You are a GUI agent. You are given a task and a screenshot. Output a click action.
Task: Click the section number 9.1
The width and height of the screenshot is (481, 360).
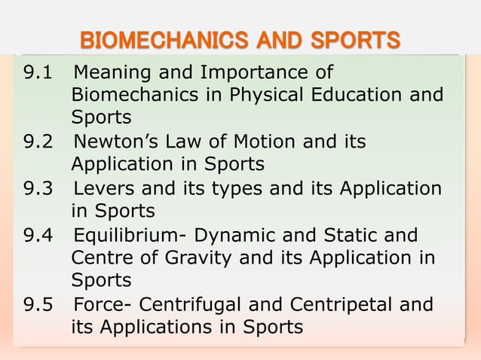pos(37,75)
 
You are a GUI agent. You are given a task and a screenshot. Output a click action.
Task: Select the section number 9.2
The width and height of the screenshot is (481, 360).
pos(37,142)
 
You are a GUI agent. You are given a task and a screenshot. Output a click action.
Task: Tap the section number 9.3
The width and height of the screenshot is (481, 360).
pos(37,188)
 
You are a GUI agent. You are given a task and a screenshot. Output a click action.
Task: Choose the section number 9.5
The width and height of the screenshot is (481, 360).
pos(37,305)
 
